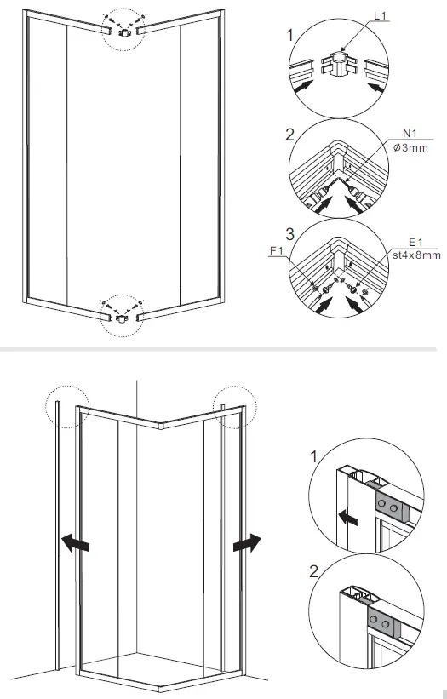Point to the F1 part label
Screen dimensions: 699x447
[277, 250]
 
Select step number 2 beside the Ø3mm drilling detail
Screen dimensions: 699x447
[290, 135]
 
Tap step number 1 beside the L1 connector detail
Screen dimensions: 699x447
[290, 36]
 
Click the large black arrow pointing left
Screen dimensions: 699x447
[75, 541]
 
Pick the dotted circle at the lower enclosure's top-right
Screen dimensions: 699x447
[232, 405]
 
